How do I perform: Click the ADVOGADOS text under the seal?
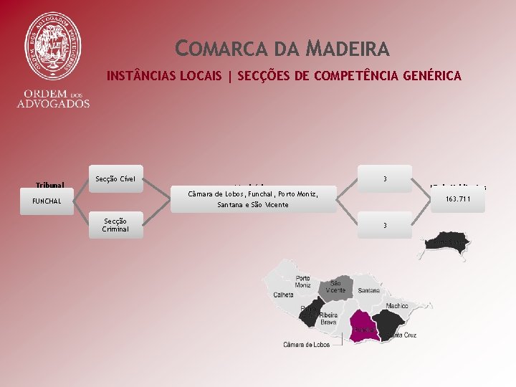pyautogui.click(x=54, y=103)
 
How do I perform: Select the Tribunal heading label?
pyautogui.click(x=50, y=185)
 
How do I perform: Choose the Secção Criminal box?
pyautogui.click(x=115, y=224)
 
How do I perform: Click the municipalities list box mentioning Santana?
pyautogui.click(x=253, y=199)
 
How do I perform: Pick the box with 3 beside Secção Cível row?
pyautogui.click(x=386, y=178)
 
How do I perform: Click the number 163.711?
pyautogui.click(x=458, y=199)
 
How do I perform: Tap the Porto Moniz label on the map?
pyautogui.click(x=302, y=282)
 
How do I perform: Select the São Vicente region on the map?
pyautogui.click(x=335, y=287)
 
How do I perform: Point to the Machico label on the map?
pyautogui.click(x=396, y=305)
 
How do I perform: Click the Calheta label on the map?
pyautogui.click(x=283, y=295)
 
